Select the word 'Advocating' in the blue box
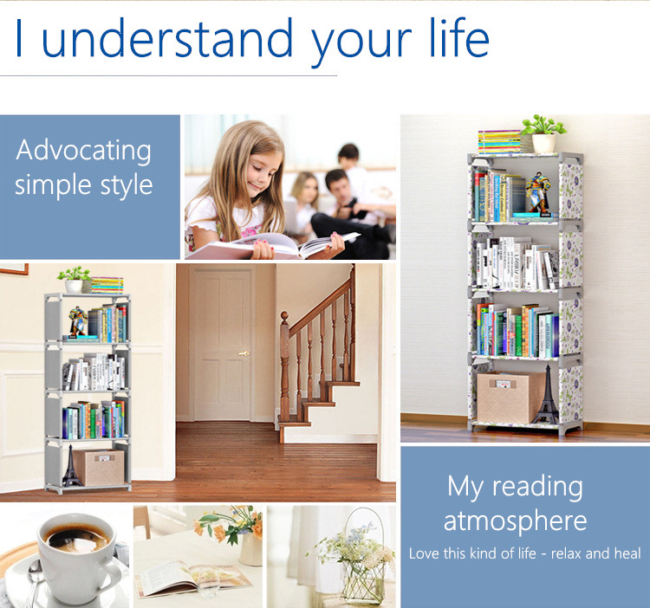[x=84, y=151]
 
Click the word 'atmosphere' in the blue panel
[x=515, y=521]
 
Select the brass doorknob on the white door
[x=244, y=353]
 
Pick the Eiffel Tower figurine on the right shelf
[x=546, y=399]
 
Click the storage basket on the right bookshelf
[x=509, y=397]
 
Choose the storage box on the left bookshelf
[x=98, y=467]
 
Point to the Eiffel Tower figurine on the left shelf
[x=70, y=468]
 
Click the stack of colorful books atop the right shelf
[x=500, y=141]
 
